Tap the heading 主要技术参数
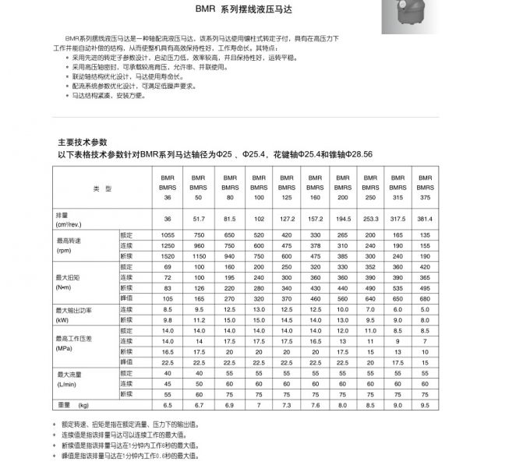tap(82, 143)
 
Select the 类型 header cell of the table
tap(102, 188)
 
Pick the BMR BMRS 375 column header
tap(425, 188)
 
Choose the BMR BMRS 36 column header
tap(166, 188)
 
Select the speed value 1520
tap(167, 256)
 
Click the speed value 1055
tap(167, 235)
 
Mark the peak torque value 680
tap(425, 298)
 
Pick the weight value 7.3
tap(287, 405)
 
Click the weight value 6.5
tap(167, 405)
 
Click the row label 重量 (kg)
tap(74, 405)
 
